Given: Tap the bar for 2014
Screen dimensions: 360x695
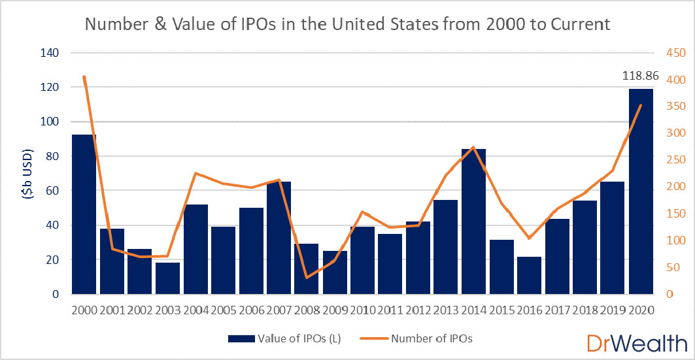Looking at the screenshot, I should [473, 221].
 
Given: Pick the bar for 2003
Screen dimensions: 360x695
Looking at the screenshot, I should [167, 278].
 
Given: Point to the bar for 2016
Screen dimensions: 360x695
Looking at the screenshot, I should [529, 275].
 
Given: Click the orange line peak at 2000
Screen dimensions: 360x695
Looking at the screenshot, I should [84, 76].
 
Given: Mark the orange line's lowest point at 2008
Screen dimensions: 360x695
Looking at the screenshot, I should [307, 278].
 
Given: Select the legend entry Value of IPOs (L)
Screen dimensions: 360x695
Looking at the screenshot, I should [284, 338].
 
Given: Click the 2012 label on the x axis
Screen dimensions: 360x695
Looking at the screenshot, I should [418, 310].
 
